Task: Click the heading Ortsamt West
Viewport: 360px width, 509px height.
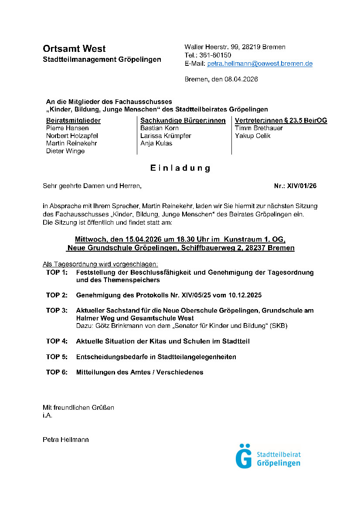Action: (74, 48)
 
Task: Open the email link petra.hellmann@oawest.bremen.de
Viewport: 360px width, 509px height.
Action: (260, 64)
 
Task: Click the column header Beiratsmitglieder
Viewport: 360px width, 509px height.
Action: (73, 121)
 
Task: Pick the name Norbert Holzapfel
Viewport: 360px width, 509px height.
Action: (72, 136)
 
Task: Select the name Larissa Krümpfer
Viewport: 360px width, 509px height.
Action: (166, 136)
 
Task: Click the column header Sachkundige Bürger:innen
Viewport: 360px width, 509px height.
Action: (183, 121)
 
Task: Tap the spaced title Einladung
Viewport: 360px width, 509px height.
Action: (180, 168)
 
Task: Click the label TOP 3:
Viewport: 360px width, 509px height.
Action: (57, 310)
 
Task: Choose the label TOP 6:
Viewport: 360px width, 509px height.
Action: (57, 372)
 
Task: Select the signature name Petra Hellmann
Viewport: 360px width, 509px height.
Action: (65, 440)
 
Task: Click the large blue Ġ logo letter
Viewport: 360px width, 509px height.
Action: (244, 456)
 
